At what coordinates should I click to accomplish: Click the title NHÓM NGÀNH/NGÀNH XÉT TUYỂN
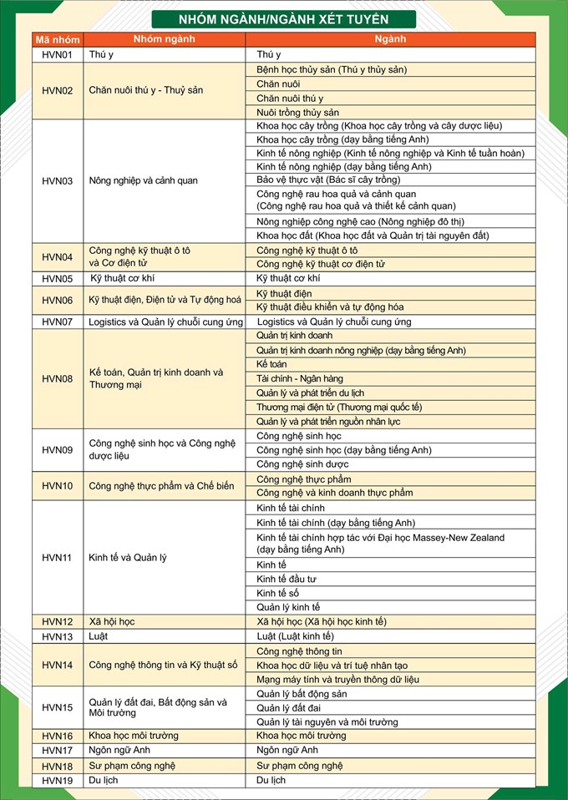284,18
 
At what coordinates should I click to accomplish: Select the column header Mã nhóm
58,39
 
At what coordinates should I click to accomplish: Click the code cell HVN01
58,55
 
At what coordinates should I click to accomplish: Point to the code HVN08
58,379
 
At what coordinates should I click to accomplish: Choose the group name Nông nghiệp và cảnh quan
143,180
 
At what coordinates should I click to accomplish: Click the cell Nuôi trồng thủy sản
297,112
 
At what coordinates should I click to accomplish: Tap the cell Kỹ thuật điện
284,294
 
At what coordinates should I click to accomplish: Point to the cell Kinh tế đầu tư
287,579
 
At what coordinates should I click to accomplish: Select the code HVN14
58,666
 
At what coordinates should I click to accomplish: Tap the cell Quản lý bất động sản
302,694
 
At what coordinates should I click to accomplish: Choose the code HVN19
58,780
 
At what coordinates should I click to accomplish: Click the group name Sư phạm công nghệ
132,766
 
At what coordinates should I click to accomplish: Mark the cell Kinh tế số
278,593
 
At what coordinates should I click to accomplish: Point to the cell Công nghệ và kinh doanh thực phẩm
334,493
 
